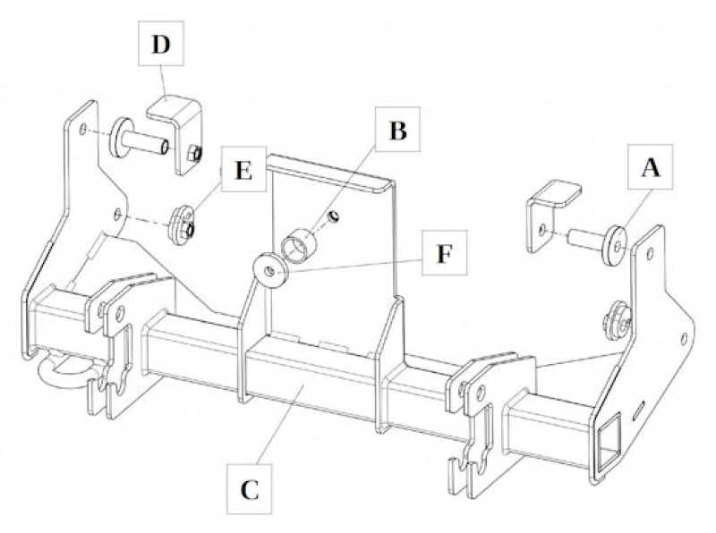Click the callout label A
point(651,167)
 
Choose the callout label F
point(444,255)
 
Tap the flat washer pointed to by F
point(268,270)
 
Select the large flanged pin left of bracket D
point(134,140)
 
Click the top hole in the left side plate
point(83,130)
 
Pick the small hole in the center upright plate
point(332,216)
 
